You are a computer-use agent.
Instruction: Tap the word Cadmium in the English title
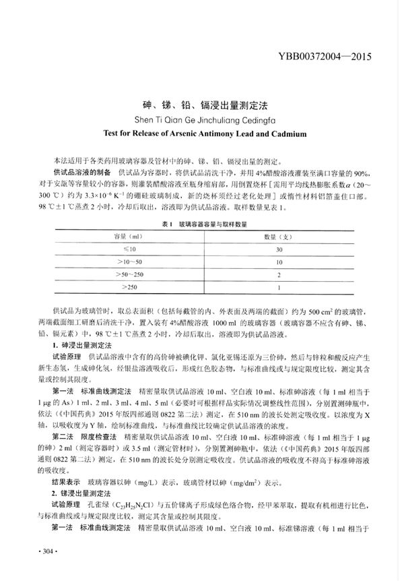coord(286,133)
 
